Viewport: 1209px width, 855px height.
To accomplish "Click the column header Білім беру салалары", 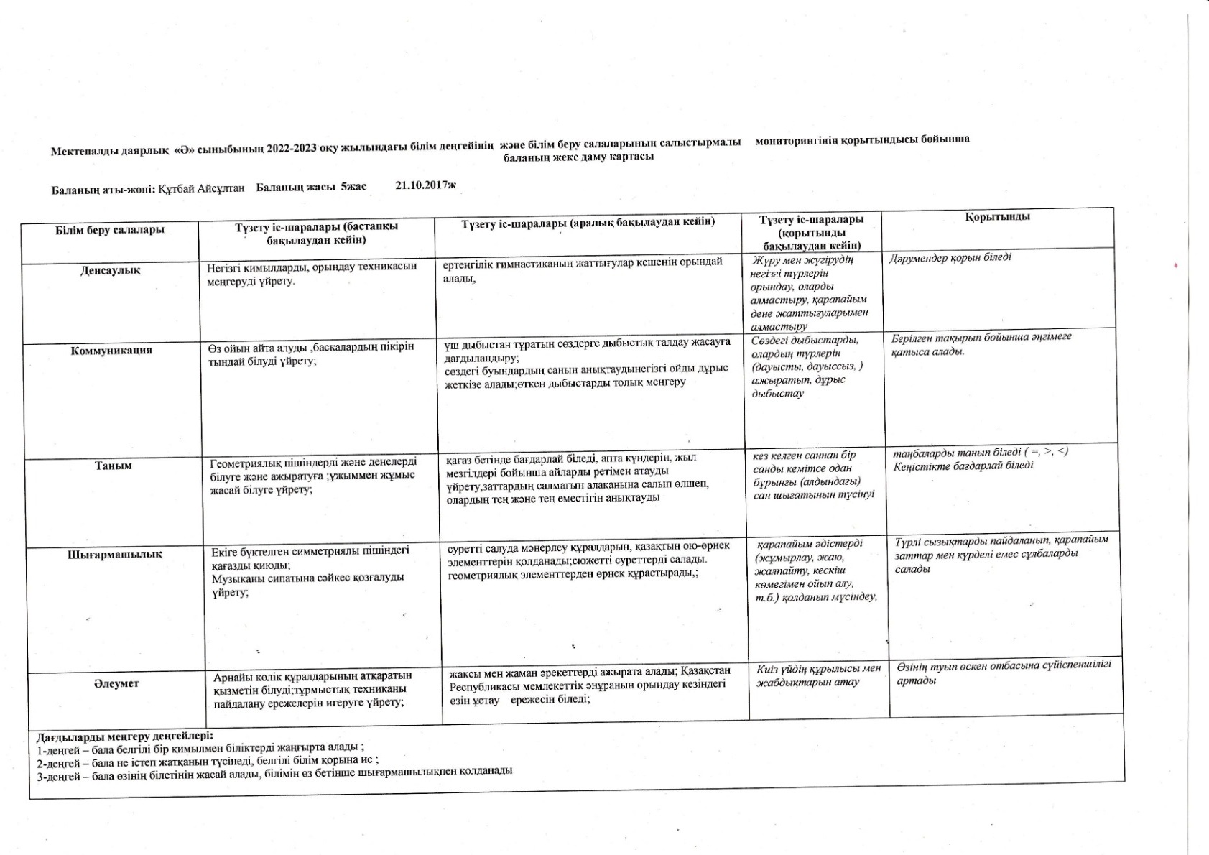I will [110, 230].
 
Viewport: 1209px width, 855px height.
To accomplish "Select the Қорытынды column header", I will [997, 216].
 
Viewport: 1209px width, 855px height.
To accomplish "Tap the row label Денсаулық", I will [111, 271].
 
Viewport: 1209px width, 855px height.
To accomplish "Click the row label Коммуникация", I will [111, 351].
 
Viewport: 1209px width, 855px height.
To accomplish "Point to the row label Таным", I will [114, 466].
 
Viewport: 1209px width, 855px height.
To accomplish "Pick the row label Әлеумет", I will [116, 683].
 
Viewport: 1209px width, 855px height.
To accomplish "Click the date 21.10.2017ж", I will [425, 185].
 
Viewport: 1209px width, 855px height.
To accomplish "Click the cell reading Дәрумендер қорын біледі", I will [950, 257].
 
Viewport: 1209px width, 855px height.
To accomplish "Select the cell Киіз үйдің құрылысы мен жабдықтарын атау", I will [818, 675].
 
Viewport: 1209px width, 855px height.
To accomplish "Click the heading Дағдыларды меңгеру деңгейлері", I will [125, 736].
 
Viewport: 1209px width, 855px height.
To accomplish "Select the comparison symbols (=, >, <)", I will [1047, 451].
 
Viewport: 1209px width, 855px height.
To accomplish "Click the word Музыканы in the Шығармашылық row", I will [236, 578].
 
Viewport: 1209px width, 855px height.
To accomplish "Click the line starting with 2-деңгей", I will [208, 760].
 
